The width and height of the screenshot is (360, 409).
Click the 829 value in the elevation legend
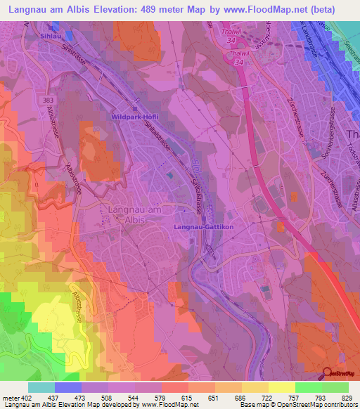[x=347, y=398]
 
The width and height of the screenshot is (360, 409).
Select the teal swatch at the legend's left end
[x=41, y=387]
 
